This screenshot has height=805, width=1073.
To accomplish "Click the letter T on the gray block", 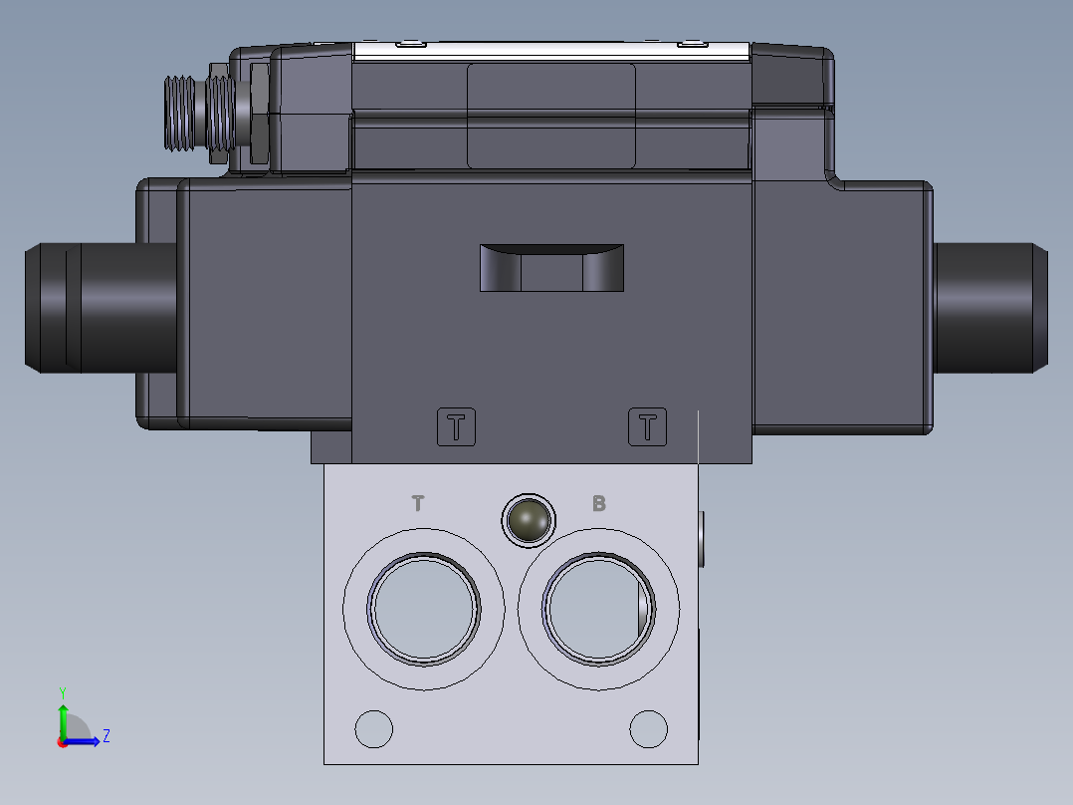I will [418, 503].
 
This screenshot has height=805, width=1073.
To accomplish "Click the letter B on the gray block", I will [599, 503].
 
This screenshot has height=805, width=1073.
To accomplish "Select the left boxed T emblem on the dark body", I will [457, 427].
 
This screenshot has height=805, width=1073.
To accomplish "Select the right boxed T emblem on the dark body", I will [647, 427].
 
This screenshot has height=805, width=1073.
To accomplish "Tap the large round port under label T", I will [423, 607].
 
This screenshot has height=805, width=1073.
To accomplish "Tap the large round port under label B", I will [598, 608].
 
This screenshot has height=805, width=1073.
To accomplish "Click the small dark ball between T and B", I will [528, 519].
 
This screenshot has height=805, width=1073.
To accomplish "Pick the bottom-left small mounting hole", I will [374, 729].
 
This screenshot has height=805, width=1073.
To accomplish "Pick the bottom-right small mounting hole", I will [648, 728].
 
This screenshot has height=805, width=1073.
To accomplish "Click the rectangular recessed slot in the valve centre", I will [551, 268].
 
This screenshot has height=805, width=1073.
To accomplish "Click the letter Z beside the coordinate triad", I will [106, 736].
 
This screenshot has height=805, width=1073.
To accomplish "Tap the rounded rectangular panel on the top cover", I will [551, 115].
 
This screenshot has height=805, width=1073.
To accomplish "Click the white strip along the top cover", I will [551, 51].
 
